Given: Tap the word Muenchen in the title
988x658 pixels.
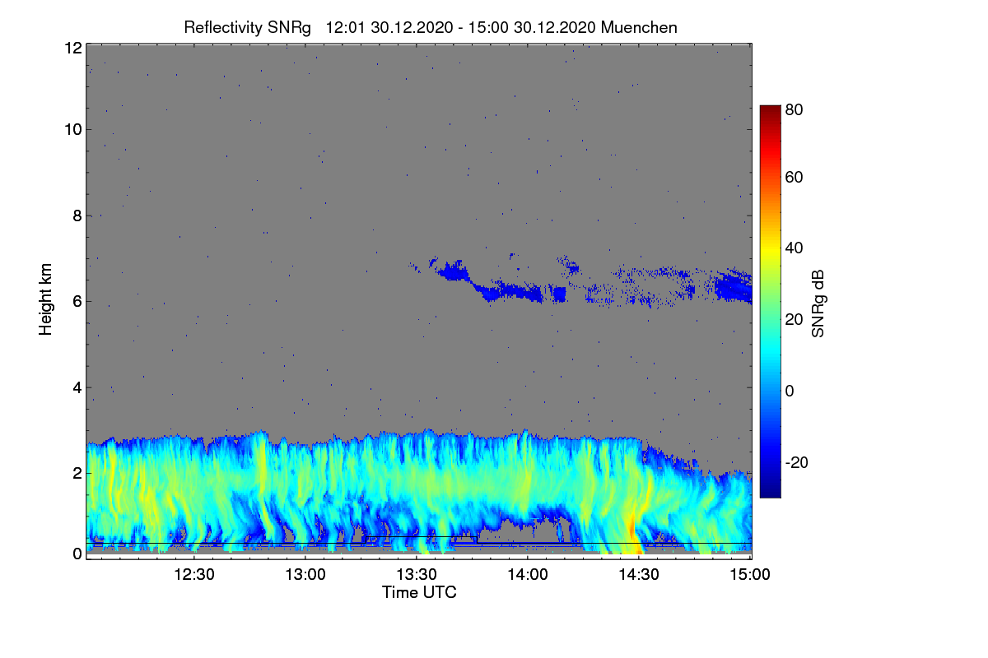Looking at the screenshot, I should [x=639, y=27].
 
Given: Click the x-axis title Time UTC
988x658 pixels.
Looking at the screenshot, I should [x=419, y=592].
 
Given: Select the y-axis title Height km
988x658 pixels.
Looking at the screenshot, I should [x=46, y=300].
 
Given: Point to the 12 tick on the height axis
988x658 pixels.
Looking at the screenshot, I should [x=72, y=48].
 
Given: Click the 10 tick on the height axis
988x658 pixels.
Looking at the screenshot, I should [x=72, y=129].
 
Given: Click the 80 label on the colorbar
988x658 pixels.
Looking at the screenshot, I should [x=794, y=108].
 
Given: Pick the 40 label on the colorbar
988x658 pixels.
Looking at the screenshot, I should [x=794, y=248].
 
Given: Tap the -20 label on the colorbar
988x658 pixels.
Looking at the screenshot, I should [x=796, y=461].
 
